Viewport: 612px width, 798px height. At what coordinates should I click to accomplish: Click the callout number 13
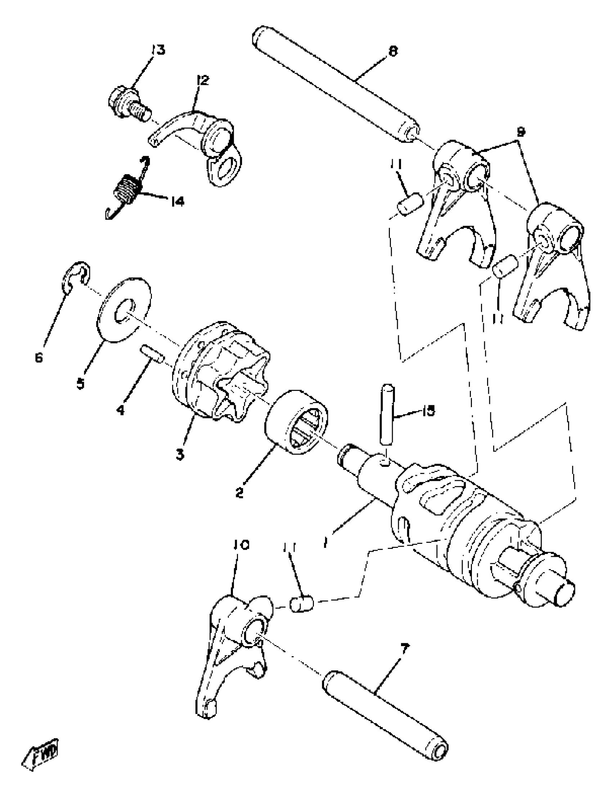(x=157, y=50)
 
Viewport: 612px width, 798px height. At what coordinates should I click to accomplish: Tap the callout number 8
(x=393, y=51)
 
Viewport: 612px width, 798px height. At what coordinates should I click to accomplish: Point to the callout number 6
(x=39, y=358)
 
